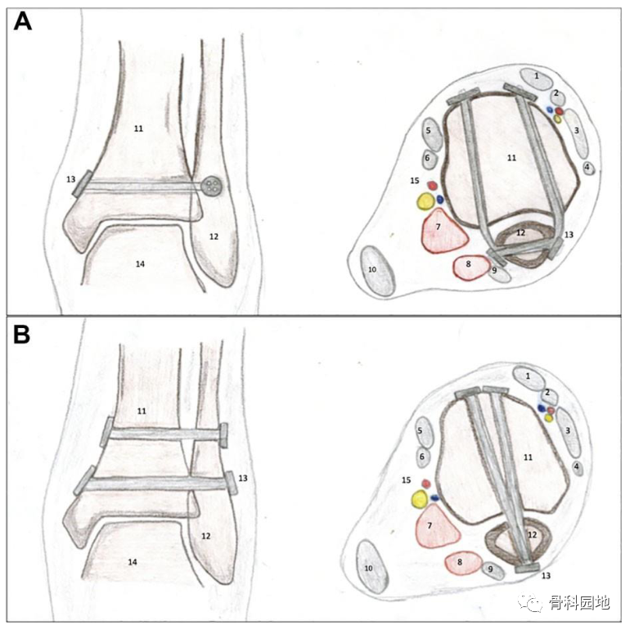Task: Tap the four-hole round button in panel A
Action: coord(214,186)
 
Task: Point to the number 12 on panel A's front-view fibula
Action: coord(213,237)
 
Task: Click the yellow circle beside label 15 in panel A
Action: coord(425,201)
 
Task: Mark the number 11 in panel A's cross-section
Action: coord(511,158)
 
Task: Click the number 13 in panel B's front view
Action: coord(242,478)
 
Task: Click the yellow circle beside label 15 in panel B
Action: coord(421,498)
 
